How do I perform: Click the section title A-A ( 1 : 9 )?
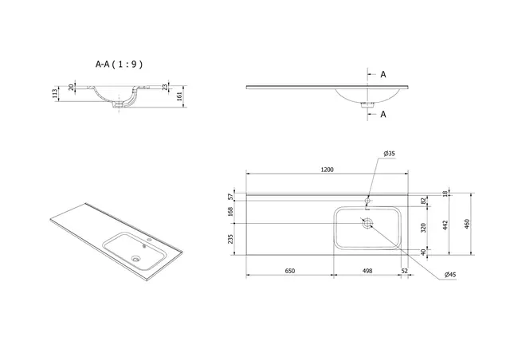coord(120,61)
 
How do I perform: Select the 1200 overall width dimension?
coord(327,169)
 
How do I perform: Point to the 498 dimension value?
coord(367,272)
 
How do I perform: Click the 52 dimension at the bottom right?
coord(406,272)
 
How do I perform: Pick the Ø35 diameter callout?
coord(390,153)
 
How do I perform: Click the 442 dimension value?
coord(446,225)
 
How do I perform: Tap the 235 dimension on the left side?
coord(230,239)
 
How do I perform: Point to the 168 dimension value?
coord(230,211)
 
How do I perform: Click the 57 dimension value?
coord(230,194)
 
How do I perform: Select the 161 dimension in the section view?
coord(180,97)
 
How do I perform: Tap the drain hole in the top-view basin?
coord(367,224)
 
